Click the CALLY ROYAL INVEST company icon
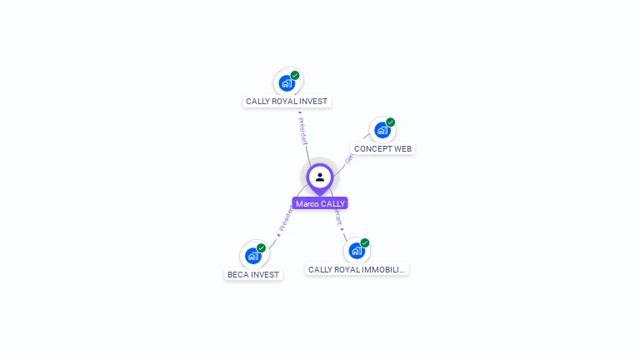(x=287, y=82)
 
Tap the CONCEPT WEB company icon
(x=382, y=130)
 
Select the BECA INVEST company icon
(x=253, y=256)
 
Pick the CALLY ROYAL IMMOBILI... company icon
(x=357, y=250)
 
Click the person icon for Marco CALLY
(x=320, y=177)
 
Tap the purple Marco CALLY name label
(x=320, y=203)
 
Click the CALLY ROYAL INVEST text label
(x=287, y=102)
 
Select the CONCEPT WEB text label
(x=382, y=149)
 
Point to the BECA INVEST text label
(x=253, y=274)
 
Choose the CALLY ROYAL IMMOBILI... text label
(x=357, y=270)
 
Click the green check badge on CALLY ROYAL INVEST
(x=295, y=75)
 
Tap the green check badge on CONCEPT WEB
(x=390, y=122)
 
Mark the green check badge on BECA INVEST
(x=261, y=248)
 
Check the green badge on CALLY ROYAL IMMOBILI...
(x=364, y=243)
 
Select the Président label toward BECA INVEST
(x=285, y=220)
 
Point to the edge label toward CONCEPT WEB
(x=349, y=156)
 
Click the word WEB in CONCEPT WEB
(x=402, y=149)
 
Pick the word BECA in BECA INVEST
(x=238, y=274)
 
